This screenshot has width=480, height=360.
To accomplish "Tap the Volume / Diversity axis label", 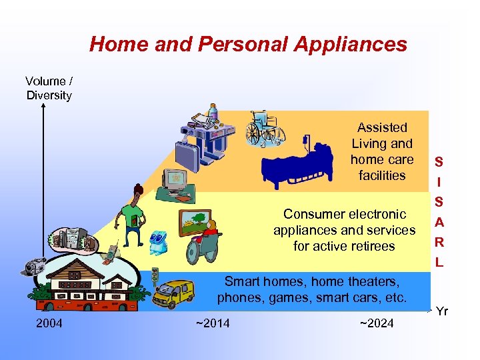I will pyautogui.click(x=49, y=88).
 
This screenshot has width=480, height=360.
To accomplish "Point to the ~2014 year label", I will pyautogui.click(x=212, y=323).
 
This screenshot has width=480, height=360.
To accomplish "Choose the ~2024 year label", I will pyautogui.click(x=376, y=323).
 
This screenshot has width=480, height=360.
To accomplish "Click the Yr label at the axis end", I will pyautogui.click(x=442, y=311).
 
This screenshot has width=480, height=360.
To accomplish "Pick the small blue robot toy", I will pyautogui.click(x=159, y=243).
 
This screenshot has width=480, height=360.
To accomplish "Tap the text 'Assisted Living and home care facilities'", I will pyautogui.click(x=381, y=151).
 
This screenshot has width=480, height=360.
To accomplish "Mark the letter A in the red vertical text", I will pyautogui.click(x=439, y=221).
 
